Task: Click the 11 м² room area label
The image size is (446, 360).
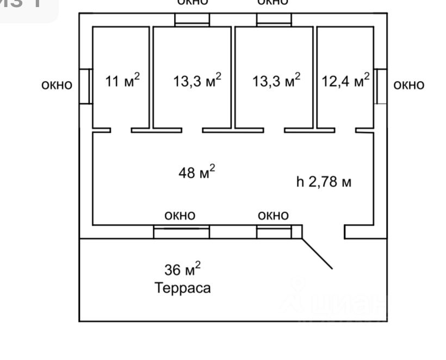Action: coord(122,82)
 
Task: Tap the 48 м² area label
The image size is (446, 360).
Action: coord(196,173)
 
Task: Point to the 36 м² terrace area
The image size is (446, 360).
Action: coord(182,269)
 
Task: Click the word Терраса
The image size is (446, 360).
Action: coord(182,287)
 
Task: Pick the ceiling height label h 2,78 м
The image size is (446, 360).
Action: coord(324,182)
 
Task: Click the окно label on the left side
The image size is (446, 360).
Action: coord(57,85)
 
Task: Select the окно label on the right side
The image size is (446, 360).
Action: coord(408,85)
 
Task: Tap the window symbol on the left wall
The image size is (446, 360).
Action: coord(85,86)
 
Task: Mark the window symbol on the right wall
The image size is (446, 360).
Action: coord(381,86)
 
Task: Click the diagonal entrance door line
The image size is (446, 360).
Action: coord(317,253)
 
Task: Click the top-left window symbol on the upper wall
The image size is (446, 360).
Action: coord(192,19)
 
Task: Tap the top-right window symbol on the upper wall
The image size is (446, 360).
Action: coord(274,19)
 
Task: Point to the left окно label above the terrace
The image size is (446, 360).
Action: coord(180,216)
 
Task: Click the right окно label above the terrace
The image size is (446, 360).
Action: coord(273,216)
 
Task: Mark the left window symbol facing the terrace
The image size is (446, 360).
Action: coord(181,232)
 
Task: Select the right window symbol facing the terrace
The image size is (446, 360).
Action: coord(273,232)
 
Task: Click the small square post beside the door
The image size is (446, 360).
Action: coord(296,232)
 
